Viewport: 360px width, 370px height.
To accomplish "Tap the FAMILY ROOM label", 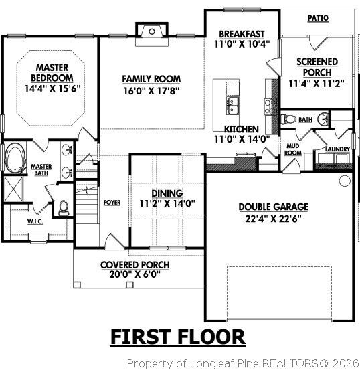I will (x=151, y=78).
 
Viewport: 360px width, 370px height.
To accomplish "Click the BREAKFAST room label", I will (x=242, y=34).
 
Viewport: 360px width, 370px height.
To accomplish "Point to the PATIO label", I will (x=317, y=18).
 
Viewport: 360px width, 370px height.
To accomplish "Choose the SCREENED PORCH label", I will (x=317, y=67).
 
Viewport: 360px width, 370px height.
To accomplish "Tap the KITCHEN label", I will (x=242, y=128).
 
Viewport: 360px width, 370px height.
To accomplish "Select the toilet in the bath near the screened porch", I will (x=288, y=120).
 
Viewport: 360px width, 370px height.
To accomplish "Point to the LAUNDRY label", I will (x=333, y=149).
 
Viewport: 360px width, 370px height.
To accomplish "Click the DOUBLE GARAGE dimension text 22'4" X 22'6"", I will (x=273, y=218).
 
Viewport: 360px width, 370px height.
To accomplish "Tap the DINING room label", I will (x=167, y=192).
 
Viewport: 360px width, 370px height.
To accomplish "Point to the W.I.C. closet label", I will (x=35, y=221).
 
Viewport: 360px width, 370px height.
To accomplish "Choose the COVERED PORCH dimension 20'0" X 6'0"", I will (x=134, y=274).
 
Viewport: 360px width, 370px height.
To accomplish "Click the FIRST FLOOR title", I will (x=177, y=337).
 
